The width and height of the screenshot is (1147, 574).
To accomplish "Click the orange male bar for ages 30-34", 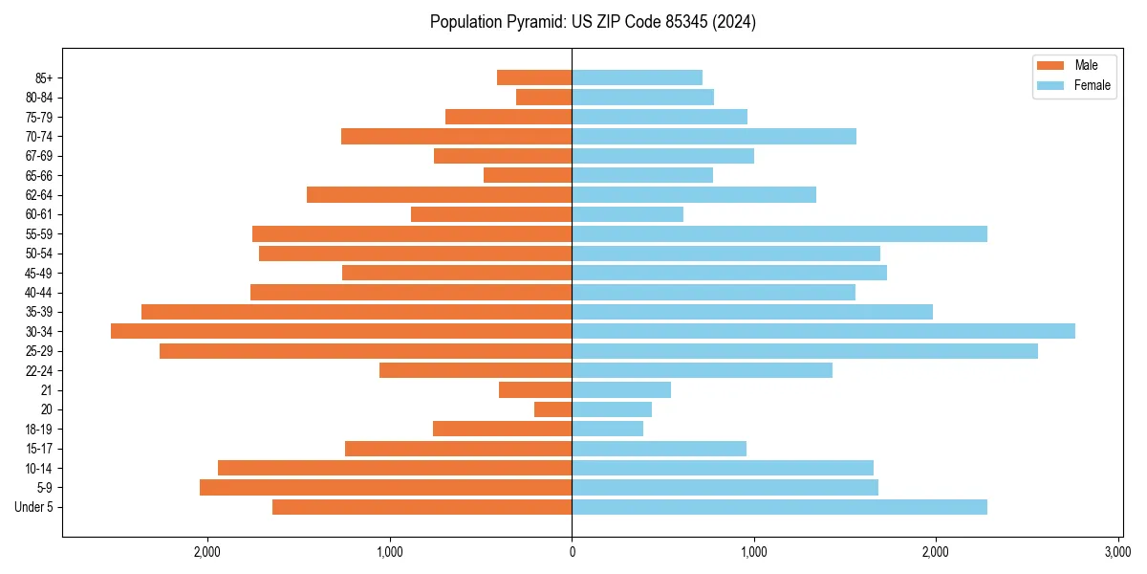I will (341, 331).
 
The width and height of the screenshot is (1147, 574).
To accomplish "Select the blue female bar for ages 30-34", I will (823, 331).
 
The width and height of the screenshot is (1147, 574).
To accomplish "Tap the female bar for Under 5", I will (779, 507).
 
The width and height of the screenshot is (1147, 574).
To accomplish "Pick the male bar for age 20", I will (553, 409).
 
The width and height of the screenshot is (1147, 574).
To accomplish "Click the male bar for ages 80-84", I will (544, 98).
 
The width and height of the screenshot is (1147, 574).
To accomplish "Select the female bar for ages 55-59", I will (779, 234).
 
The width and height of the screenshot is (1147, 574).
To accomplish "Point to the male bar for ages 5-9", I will (385, 488).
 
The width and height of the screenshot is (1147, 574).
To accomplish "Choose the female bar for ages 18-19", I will (607, 429).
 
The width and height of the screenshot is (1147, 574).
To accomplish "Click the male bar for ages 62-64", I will (439, 195).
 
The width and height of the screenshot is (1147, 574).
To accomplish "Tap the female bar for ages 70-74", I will (714, 137).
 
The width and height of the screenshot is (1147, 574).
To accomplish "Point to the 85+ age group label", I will (42, 78).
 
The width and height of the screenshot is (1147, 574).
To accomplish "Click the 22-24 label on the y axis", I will (39, 371).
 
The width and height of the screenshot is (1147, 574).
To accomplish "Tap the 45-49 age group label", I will (39, 274).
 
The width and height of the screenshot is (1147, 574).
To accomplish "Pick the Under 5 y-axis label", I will (33, 507).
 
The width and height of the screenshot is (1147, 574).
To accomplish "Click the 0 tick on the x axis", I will (572, 552).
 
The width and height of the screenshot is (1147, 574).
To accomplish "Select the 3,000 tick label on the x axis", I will (1117, 552).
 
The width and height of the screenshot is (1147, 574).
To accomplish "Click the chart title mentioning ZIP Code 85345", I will (593, 22).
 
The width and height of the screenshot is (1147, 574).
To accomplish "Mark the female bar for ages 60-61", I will (627, 214).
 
